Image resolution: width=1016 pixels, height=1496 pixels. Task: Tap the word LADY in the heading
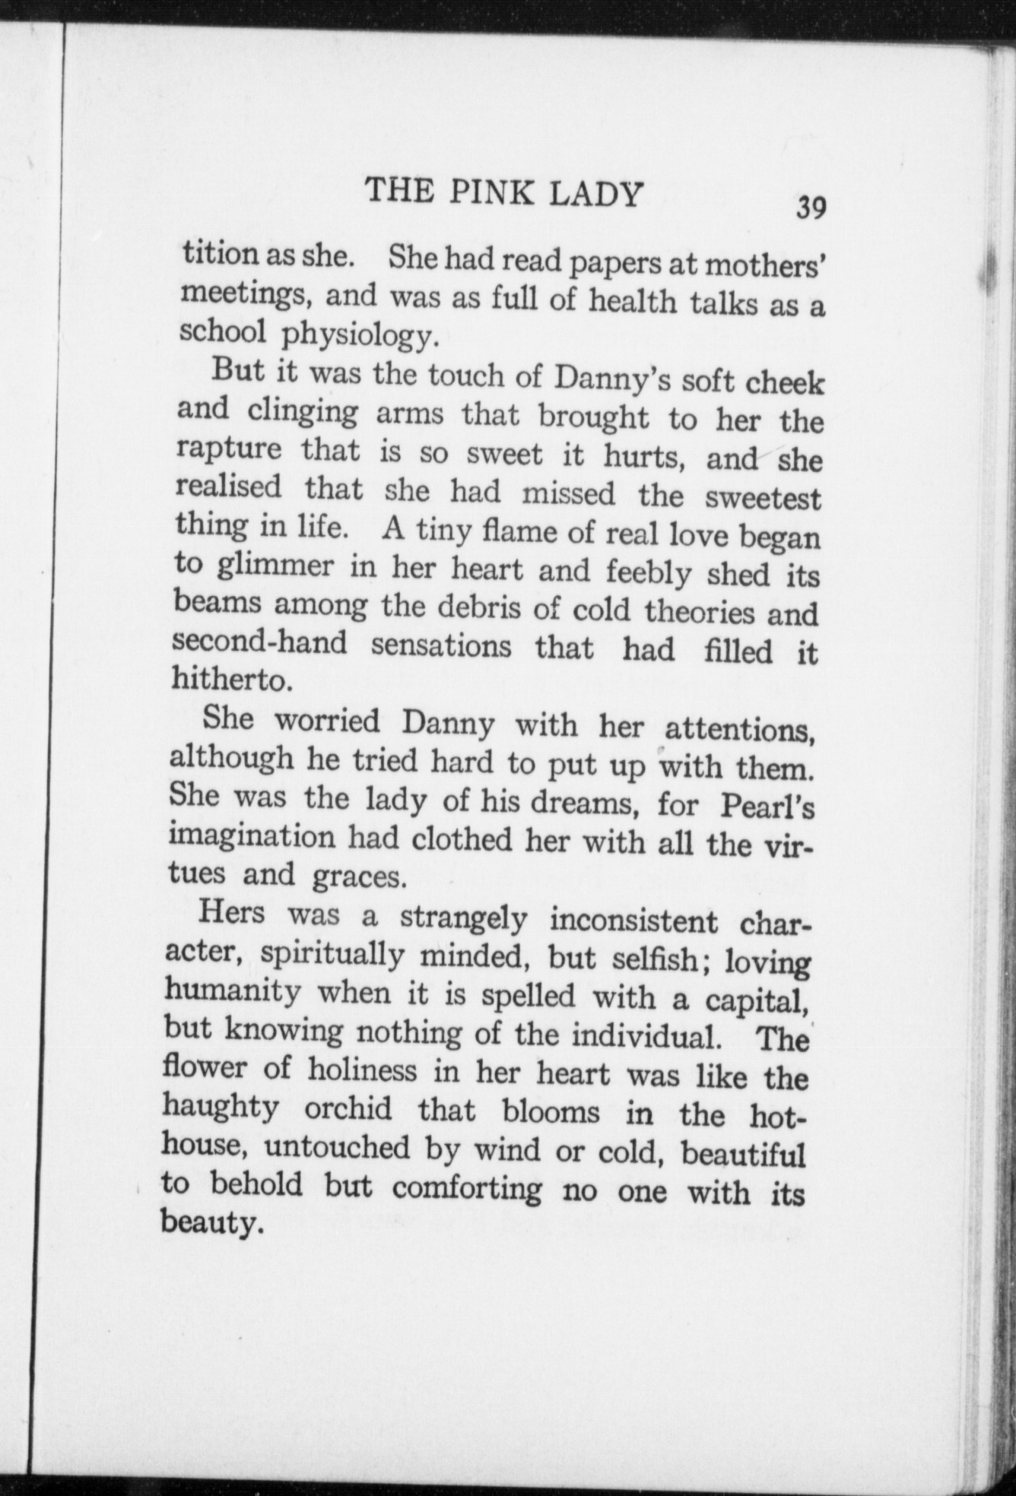point(594,195)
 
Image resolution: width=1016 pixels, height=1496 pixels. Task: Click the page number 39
point(811,207)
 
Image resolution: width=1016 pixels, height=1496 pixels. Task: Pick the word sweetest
point(763,498)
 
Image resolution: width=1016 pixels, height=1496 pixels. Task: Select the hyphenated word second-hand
point(259,643)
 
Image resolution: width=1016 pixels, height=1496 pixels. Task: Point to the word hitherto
point(232,679)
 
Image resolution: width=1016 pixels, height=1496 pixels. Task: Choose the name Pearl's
point(767,807)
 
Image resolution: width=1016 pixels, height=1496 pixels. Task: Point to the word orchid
point(348,1109)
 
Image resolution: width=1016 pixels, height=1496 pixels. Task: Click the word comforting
point(468,1189)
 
